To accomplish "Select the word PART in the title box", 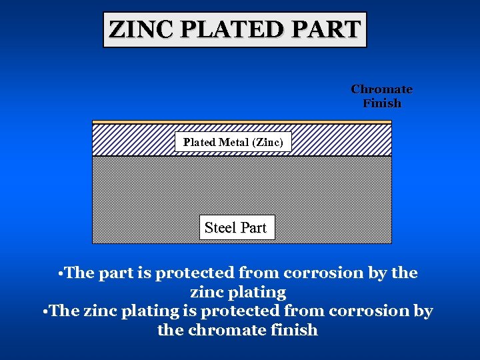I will pos(330,30).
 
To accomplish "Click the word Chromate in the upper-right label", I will pos(381,89).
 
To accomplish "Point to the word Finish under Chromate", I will pos(382,103).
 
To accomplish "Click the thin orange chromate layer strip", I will pos(241,122).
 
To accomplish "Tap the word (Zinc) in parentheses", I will pos(269,142).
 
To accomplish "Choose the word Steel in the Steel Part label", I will pos(220,227).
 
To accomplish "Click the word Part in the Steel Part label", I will pos(253,227).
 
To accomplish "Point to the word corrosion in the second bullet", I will pos(361,311).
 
